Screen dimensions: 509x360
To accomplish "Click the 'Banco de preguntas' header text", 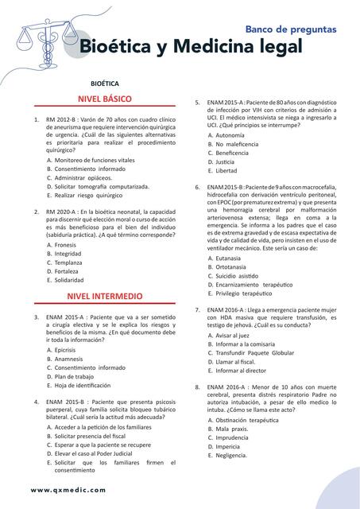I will point(290,29).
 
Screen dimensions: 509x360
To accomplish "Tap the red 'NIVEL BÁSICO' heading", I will point(103,99).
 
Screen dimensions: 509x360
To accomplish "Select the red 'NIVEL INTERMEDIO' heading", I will point(103,295).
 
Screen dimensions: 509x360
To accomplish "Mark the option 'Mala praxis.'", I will point(232,428).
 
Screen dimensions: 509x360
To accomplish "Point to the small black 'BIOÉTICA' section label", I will point(105,83).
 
